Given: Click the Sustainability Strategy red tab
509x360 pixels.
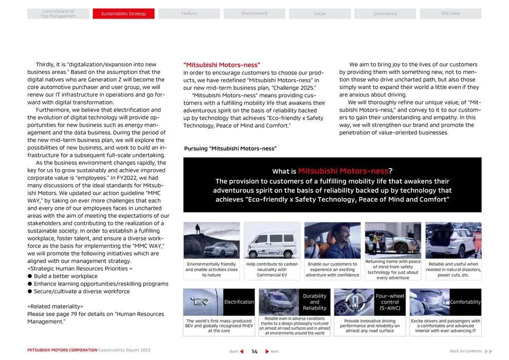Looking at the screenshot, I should tap(123, 14).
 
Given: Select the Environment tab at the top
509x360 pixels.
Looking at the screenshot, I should tap(254, 14).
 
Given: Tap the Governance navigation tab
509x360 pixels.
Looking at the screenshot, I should tap(385, 14).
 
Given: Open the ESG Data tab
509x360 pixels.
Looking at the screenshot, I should tap(450, 14).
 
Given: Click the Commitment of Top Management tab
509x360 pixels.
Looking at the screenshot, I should tap(58, 14).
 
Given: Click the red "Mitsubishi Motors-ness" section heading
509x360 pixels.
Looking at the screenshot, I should tap(222, 65).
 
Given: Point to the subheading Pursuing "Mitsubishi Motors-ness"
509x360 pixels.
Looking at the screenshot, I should tap(230, 149).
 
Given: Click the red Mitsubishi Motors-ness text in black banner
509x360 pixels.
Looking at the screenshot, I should tap(343, 171).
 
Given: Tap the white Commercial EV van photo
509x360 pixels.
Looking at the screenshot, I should tap(272, 240).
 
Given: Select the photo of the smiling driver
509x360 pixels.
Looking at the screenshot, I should tap(332, 240).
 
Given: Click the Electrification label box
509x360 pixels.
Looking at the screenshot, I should tap(239, 302).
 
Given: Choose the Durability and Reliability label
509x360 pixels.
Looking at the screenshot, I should tap(315, 302).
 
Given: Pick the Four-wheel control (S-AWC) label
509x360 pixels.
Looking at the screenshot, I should tap(390, 302).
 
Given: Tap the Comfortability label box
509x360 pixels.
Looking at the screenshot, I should tap(465, 302).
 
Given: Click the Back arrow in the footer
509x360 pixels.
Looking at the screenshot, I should tap(241, 352).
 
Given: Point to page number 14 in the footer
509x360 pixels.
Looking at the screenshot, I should tap(254, 352).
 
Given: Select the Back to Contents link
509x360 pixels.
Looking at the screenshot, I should tap(466, 351).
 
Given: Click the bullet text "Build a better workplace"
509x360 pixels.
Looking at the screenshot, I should tap(65, 276).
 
